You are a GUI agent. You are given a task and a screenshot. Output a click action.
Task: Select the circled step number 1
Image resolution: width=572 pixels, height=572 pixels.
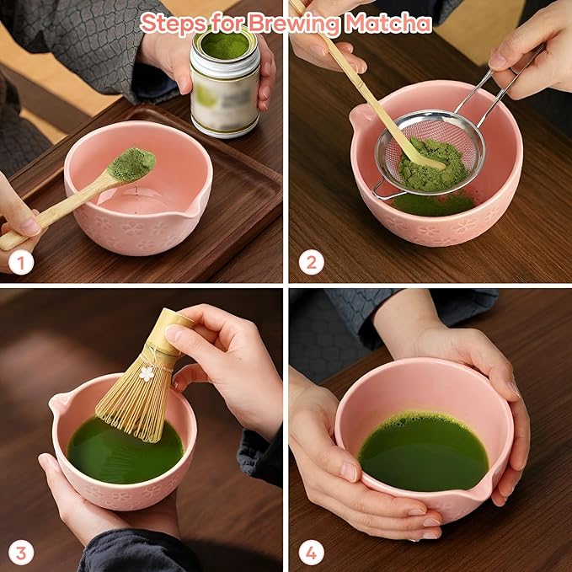[x=21, y=263]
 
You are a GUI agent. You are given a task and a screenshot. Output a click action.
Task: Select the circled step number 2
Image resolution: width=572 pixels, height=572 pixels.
[x=311, y=263]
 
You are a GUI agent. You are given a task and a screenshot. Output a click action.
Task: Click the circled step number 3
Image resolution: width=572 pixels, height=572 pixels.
[x=21, y=553]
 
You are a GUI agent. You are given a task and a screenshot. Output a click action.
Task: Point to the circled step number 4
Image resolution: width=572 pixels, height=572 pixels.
[x=311, y=553]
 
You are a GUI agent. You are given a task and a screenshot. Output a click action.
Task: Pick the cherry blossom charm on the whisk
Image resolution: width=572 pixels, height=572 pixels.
[x=147, y=372]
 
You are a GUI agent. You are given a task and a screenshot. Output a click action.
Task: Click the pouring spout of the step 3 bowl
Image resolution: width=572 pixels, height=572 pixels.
[x=58, y=405]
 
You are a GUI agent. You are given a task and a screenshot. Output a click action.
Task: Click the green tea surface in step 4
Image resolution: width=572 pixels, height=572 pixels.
[x=423, y=452]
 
